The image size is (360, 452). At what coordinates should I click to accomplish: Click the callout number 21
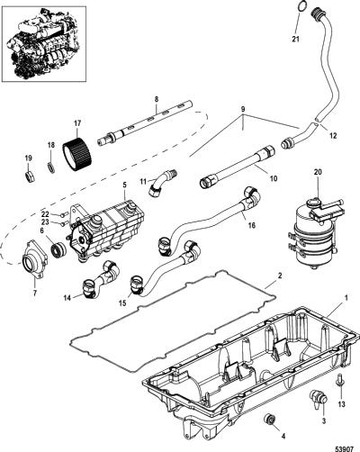[x=296, y=39]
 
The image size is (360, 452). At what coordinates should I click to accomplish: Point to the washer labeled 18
[x=51, y=167]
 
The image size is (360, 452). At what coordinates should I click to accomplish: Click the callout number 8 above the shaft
[x=157, y=100]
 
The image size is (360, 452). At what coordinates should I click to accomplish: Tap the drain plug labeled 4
[x=269, y=420]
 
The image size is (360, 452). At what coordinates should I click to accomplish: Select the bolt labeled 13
[x=338, y=380]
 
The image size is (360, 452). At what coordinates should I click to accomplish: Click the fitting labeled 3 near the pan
[x=319, y=396]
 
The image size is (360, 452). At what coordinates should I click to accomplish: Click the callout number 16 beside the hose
[x=252, y=224]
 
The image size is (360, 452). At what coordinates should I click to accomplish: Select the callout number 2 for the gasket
[x=280, y=276]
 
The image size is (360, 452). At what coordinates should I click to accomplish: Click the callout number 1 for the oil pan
[x=346, y=298]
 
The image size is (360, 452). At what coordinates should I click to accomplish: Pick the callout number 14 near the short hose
[x=67, y=298]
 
